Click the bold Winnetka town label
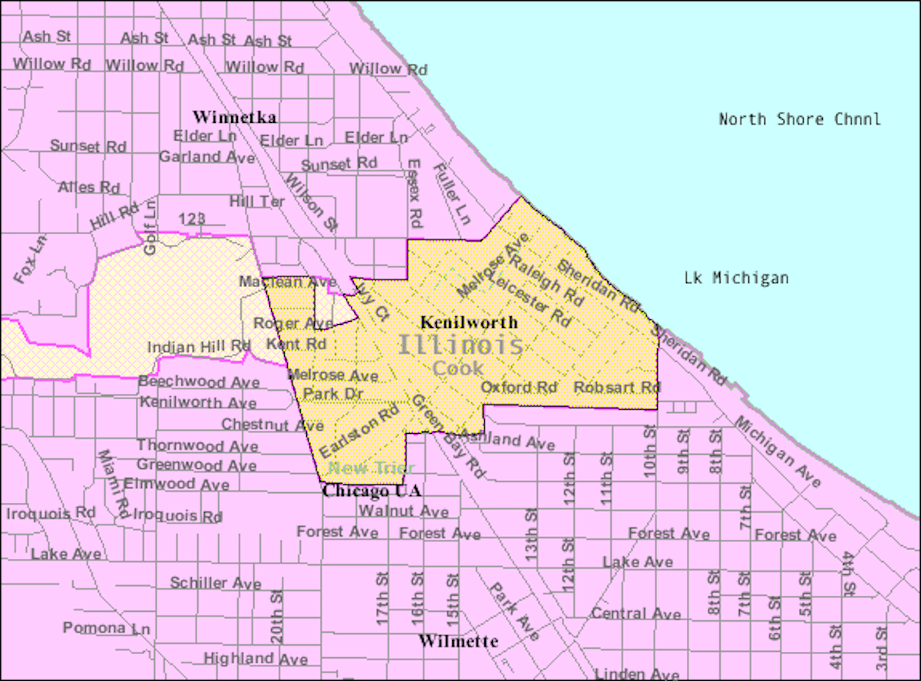[x=234, y=117]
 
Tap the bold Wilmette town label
[x=458, y=641]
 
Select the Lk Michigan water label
[x=736, y=278]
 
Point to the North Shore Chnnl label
[x=799, y=119]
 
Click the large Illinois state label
[x=460, y=345]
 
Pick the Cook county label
[x=458, y=369]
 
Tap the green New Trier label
[x=371, y=468]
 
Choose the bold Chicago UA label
[x=372, y=491]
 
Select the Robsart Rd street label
[x=617, y=387]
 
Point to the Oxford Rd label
[x=519, y=387]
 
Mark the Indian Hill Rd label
[x=199, y=347]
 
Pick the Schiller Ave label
[x=216, y=583]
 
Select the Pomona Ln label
[x=106, y=628]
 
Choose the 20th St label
[x=276, y=617]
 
